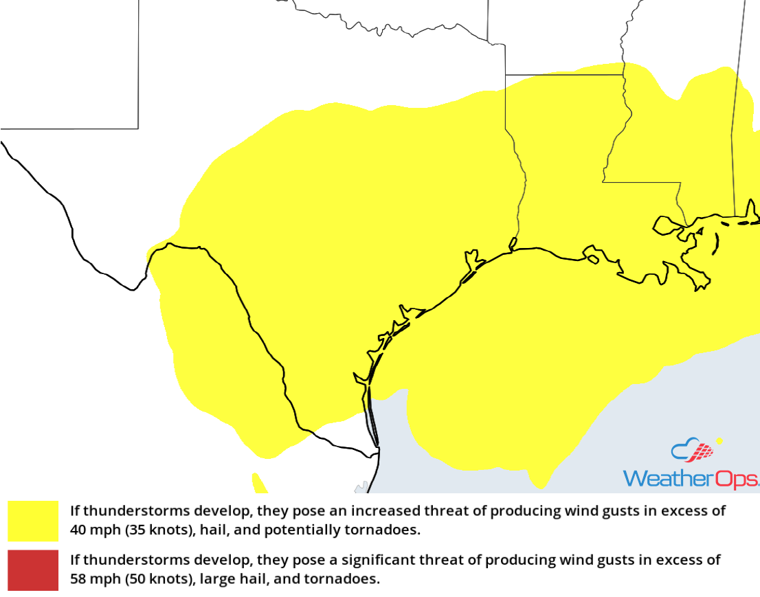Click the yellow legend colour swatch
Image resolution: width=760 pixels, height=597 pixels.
click(33, 521)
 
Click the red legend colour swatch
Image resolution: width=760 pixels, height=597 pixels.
click(33, 570)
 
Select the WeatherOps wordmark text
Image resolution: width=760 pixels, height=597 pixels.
click(690, 479)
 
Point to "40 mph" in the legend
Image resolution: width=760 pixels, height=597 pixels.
click(100, 530)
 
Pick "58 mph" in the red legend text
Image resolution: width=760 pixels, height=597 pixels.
click(100, 579)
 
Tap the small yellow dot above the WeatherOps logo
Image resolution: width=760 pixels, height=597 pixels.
click(719, 441)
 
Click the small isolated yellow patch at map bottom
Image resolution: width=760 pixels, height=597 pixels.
click(259, 483)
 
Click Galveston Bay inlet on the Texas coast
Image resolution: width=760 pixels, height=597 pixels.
click(473, 260)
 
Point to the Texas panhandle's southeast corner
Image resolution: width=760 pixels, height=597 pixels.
click(138, 128)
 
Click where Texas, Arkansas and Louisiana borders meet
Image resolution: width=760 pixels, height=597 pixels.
click(506, 74)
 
